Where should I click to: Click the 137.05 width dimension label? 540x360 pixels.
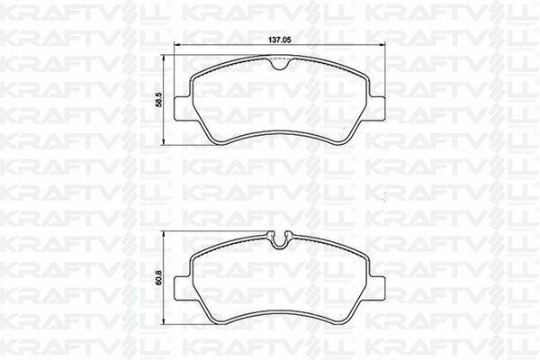pos(280,40)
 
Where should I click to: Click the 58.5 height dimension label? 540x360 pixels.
pos(158,99)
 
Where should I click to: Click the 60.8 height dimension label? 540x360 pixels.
pos(158,278)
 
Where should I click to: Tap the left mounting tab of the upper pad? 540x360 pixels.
pos(183,108)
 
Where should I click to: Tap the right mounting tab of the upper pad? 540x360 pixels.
pos(377,108)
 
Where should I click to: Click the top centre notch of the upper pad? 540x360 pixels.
pos(280,65)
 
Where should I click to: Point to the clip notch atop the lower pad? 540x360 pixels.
pos(280,239)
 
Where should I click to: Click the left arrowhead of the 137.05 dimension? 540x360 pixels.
pos(177,44)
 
